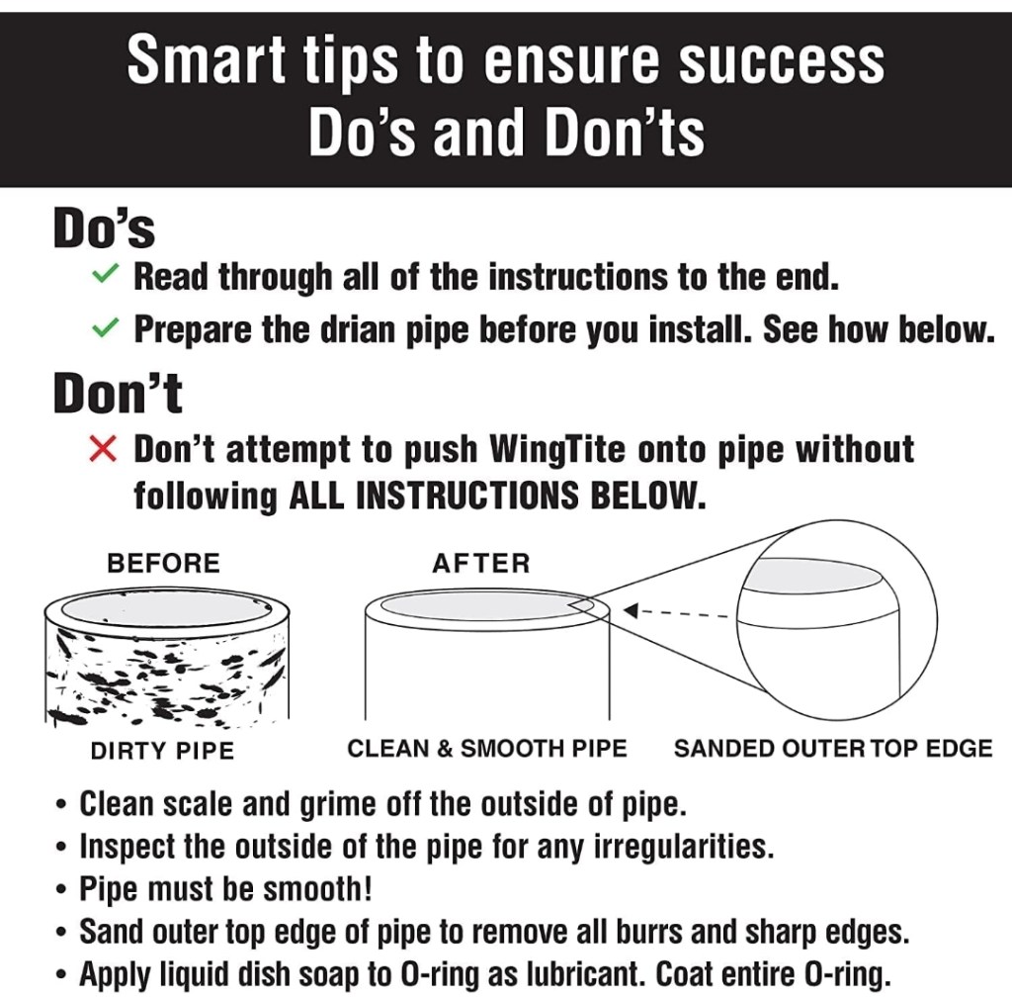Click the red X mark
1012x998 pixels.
pos(103,449)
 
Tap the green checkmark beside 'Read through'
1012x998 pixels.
pos(105,274)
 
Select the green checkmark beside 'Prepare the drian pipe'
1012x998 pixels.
pos(105,327)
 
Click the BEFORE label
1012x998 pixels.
pos(163,563)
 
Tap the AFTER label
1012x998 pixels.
pos(481,563)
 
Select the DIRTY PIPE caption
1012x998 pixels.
pos(163,751)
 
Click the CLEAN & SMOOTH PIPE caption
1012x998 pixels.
pos(487,749)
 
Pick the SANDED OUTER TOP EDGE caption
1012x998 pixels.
pos(833,749)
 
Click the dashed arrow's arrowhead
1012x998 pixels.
pos(631,610)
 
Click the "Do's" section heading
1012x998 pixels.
pos(104,227)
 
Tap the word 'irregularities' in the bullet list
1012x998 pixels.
pos(683,847)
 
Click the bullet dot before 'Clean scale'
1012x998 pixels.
pos(61,806)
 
